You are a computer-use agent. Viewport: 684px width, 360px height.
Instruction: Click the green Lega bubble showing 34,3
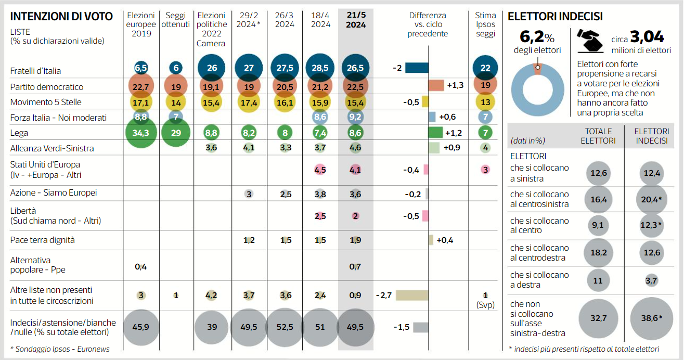141,133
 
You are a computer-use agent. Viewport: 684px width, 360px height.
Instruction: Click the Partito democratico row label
47,87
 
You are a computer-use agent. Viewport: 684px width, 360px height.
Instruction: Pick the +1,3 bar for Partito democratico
436,85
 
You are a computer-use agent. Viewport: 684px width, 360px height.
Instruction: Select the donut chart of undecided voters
537,89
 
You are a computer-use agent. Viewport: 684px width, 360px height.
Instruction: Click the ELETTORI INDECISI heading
555,17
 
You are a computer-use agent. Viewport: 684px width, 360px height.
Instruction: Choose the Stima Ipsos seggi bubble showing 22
485,68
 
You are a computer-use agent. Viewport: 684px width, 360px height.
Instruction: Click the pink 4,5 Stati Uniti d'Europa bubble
320,169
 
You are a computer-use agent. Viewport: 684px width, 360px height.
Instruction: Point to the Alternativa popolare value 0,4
140,267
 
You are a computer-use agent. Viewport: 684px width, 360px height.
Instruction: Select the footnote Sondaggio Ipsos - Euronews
60,349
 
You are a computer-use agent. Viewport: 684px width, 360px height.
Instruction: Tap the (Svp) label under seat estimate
485,305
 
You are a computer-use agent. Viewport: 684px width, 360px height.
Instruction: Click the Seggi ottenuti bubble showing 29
176,133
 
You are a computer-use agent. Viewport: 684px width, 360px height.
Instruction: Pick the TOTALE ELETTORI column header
598,136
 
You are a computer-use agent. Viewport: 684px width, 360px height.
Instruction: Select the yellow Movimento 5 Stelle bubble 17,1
141,102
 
